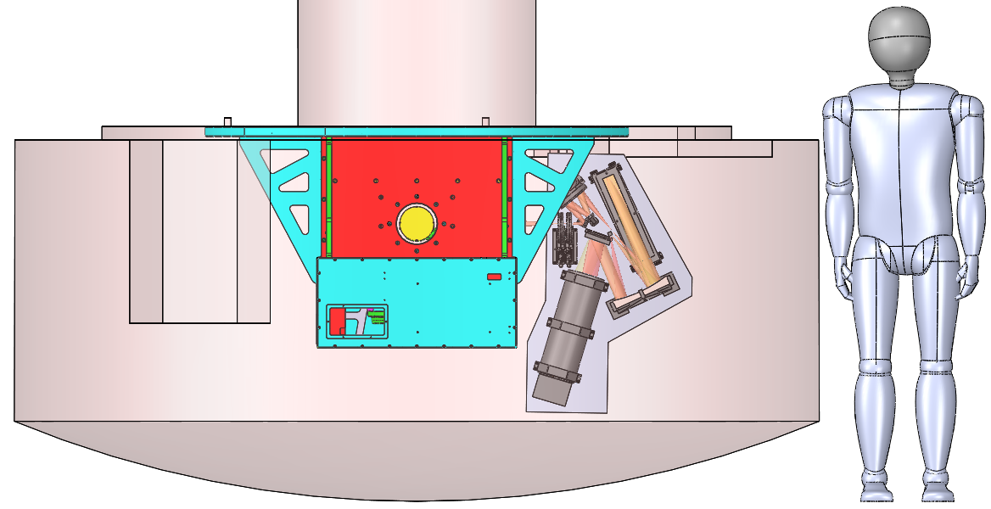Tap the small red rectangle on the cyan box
click(x=493, y=277)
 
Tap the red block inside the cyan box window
click(x=336, y=322)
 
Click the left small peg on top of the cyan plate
click(x=227, y=122)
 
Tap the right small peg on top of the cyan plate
click(x=485, y=122)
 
